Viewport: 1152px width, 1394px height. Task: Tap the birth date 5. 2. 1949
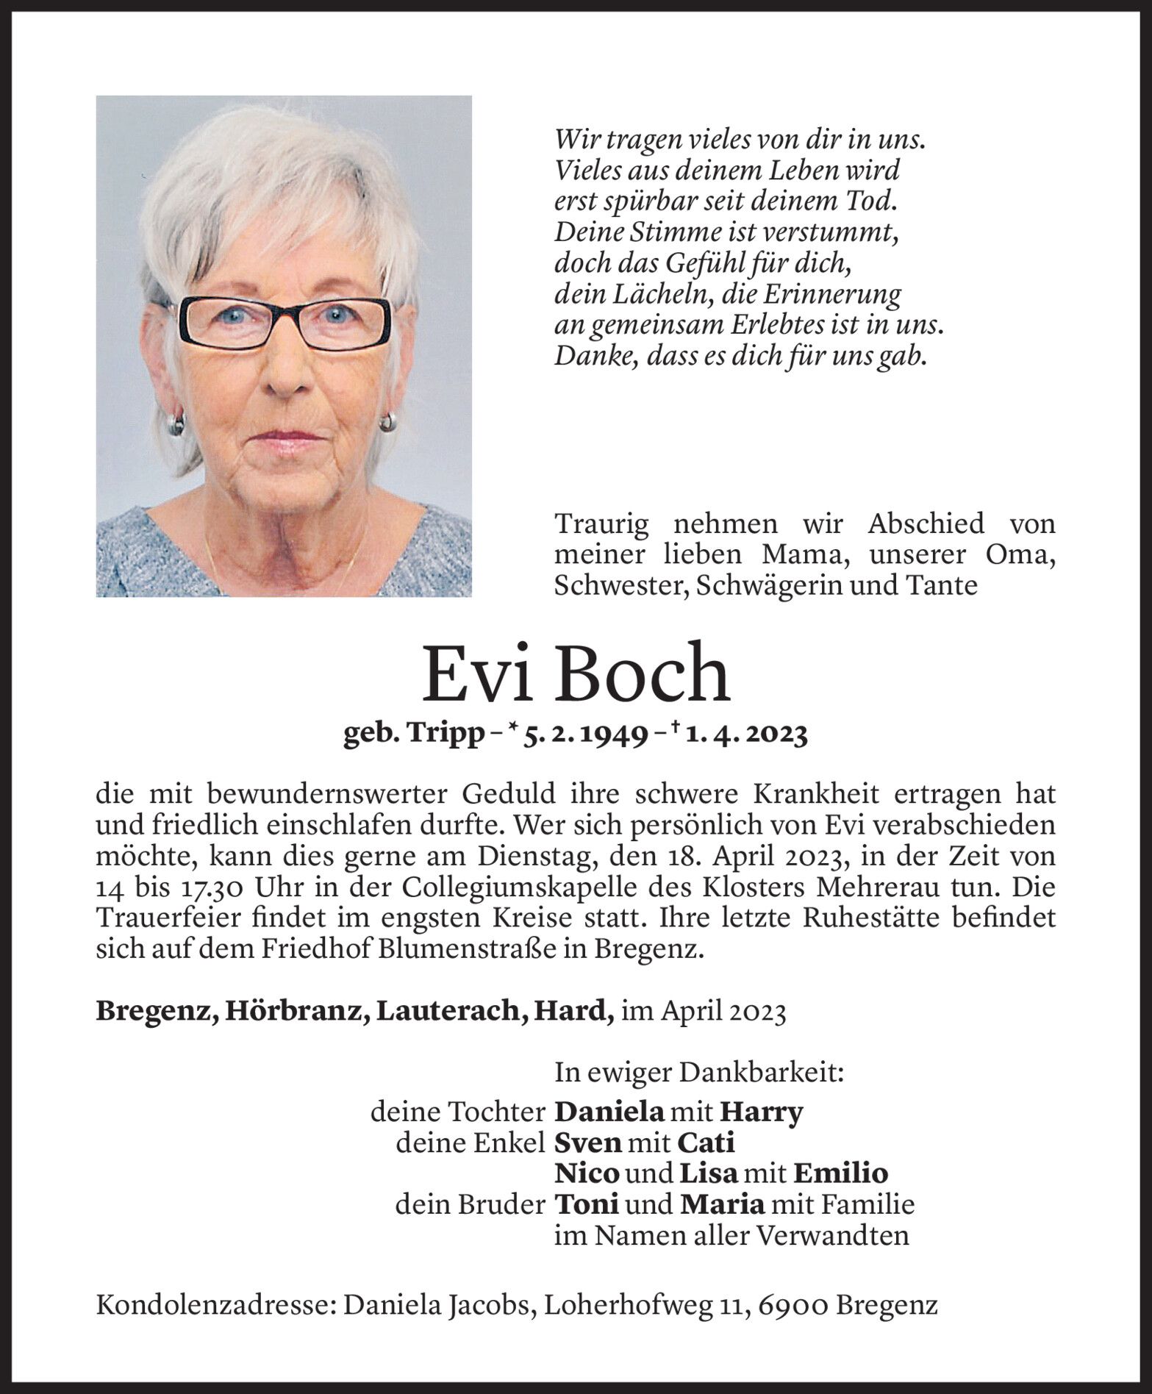click(x=584, y=734)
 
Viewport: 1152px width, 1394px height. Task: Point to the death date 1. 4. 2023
click(x=746, y=734)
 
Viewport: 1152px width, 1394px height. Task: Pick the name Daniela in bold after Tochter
click(x=609, y=1112)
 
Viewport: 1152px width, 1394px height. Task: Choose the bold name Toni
click(x=585, y=1204)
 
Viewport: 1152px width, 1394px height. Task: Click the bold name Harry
click(x=761, y=1112)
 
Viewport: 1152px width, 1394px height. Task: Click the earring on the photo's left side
click(x=176, y=424)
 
